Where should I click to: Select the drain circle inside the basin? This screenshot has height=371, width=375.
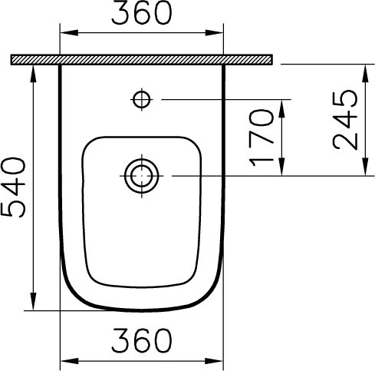(x=141, y=175)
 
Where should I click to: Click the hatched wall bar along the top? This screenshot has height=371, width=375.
(x=143, y=60)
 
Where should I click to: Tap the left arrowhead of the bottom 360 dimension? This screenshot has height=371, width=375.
(x=65, y=359)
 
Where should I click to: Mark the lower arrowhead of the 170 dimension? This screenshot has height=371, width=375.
(x=285, y=170)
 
